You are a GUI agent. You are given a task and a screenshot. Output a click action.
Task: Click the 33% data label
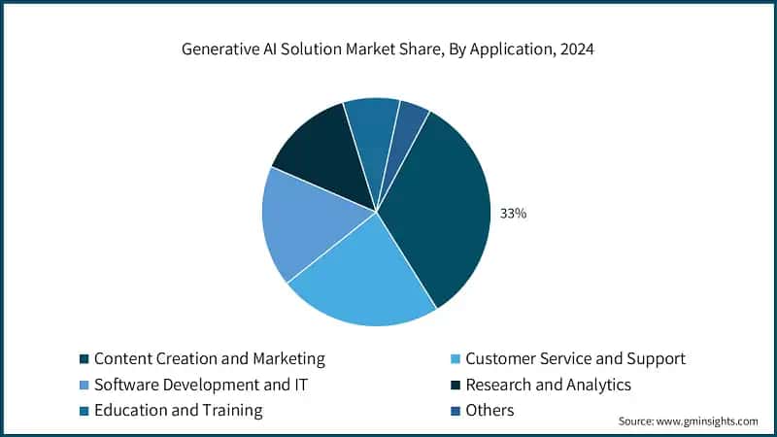pyautogui.click(x=513, y=213)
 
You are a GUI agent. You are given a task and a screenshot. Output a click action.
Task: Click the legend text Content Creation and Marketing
pyautogui.click(x=209, y=358)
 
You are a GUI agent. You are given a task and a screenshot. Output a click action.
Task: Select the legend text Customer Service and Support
pyautogui.click(x=575, y=358)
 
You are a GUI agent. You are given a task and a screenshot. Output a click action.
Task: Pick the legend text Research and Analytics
pyautogui.click(x=548, y=385)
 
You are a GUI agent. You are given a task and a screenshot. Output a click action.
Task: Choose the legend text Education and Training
pyautogui.click(x=178, y=410)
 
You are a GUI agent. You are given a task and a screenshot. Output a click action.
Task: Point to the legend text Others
pyautogui.click(x=490, y=410)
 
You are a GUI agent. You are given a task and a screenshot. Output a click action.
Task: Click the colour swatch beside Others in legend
pyautogui.click(x=456, y=411)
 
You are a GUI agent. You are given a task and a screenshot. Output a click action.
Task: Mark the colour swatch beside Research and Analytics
pyautogui.click(x=456, y=386)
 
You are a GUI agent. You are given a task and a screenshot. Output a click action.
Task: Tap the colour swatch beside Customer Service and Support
pyautogui.click(x=456, y=359)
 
